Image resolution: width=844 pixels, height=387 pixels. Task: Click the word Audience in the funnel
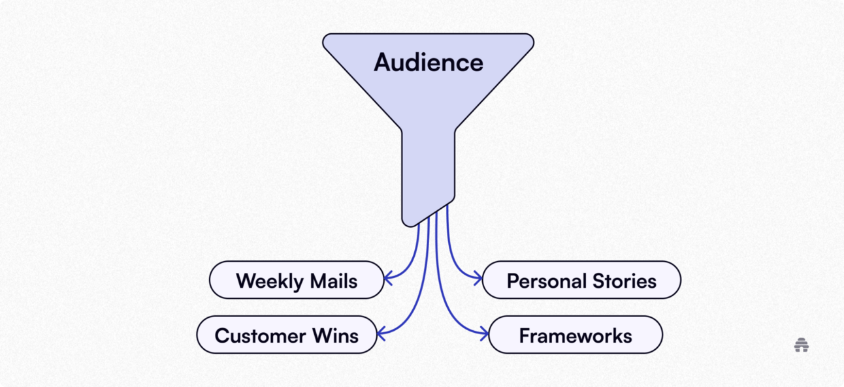[429, 63]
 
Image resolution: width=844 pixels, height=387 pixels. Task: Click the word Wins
[335, 336]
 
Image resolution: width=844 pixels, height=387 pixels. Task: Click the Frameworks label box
[575, 336]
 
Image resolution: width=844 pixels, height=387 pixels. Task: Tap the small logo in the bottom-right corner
[802, 345]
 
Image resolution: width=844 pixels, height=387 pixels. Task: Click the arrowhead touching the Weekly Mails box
[387, 279]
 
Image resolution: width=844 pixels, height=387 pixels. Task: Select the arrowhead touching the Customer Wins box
[381, 333]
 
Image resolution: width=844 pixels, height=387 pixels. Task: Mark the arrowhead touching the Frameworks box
[484, 334]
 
